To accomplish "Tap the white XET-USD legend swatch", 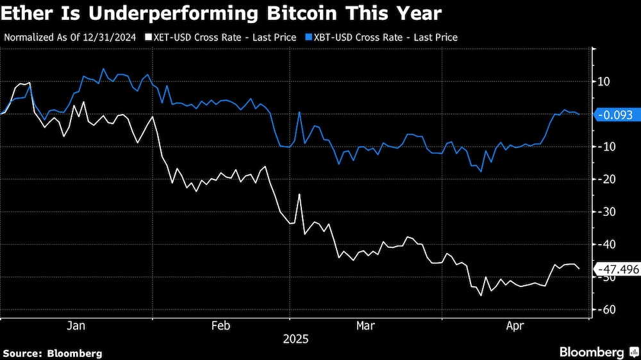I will [149, 37].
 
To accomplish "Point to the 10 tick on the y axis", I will [604, 81].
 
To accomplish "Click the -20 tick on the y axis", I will [606, 179].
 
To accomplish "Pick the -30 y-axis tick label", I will [606, 212].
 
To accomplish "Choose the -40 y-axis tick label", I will [606, 245].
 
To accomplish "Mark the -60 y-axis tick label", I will [606, 310].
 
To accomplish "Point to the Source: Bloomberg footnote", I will [53, 353].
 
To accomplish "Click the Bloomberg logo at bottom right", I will [596, 352].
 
